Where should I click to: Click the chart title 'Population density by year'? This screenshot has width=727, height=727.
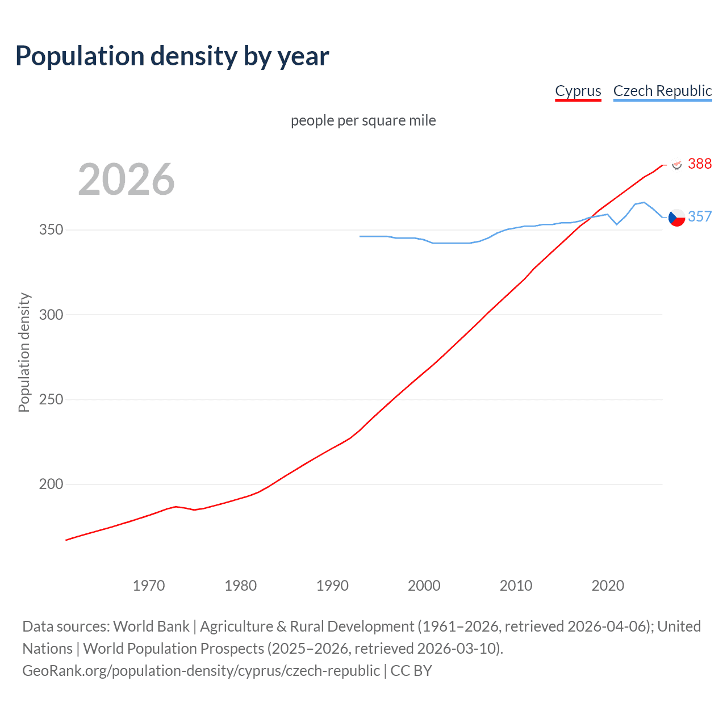[x=172, y=56]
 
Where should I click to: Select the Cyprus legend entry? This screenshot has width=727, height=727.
[x=578, y=91]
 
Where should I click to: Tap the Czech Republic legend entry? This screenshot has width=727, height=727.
[x=662, y=91]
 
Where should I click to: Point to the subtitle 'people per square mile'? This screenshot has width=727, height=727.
[x=363, y=120]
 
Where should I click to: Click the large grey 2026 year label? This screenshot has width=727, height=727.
[x=126, y=179]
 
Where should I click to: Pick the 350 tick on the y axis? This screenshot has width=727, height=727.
[x=51, y=230]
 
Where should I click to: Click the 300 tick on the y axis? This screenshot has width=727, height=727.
[x=51, y=315]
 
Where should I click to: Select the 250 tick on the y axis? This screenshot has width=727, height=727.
[x=51, y=399]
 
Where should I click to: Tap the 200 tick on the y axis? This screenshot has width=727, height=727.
[x=51, y=484]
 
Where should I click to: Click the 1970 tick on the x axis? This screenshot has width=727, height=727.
[x=149, y=586]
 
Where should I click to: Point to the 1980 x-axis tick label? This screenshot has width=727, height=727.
[x=241, y=586]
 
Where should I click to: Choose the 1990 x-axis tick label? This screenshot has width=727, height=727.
[x=332, y=586]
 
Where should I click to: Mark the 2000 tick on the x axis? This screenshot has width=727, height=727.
[x=424, y=586]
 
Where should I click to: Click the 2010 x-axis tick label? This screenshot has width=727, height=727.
[x=516, y=586]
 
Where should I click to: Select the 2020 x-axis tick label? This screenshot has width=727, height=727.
[x=608, y=586]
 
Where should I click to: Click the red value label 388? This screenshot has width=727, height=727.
[x=700, y=164]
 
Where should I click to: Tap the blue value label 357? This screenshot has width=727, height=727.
[x=700, y=216]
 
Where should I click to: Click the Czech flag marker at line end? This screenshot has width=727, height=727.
[x=676, y=218]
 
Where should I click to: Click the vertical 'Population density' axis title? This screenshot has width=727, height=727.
[x=24, y=352]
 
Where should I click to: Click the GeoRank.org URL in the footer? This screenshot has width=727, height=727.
[x=201, y=671]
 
